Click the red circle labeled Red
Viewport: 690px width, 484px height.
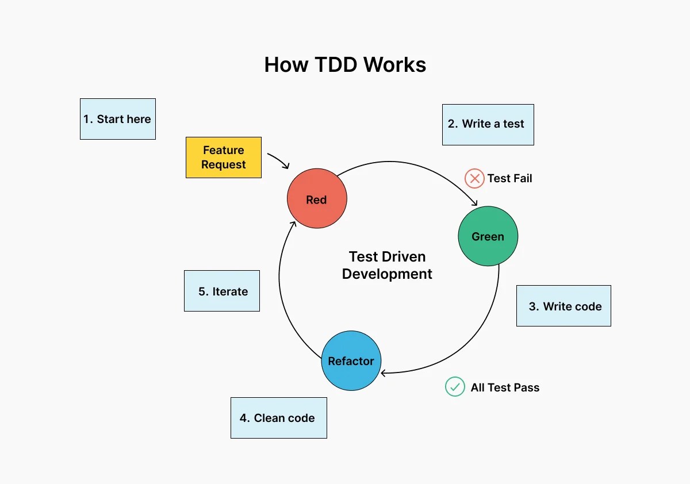pos(317,199)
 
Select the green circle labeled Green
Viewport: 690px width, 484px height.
pos(488,236)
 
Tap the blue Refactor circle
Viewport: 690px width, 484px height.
pos(351,360)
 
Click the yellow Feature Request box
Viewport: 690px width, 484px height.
pos(224,157)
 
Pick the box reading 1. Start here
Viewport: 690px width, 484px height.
pos(117,119)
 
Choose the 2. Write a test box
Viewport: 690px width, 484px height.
pos(488,124)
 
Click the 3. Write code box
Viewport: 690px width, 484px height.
pos(563,306)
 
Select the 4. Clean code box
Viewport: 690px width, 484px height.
pos(278,418)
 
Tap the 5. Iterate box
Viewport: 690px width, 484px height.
pos(222,291)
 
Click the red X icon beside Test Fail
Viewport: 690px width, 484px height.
pos(474,178)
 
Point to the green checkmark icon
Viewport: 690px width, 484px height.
pos(455,387)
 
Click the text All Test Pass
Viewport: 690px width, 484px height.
pos(505,387)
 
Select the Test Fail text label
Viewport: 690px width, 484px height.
pos(509,178)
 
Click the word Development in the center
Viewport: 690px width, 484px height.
pos(387,274)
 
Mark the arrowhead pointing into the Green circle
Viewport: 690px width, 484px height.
pos(475,202)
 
